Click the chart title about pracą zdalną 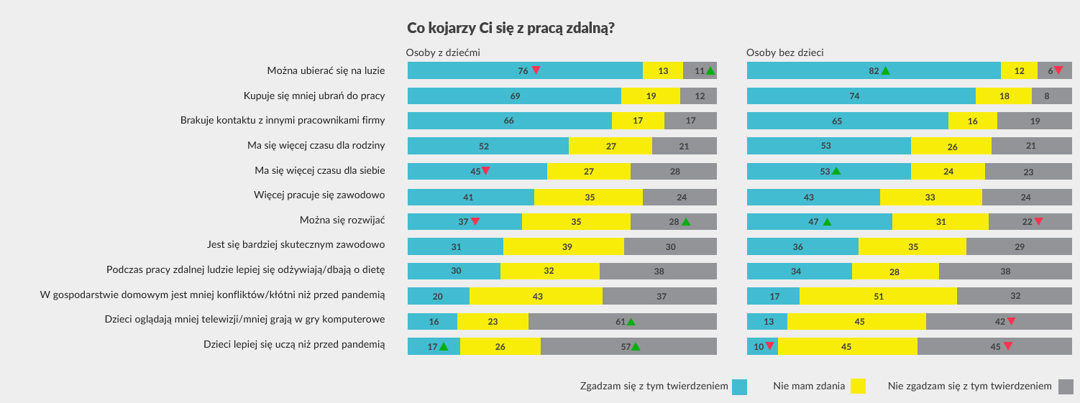(x=511, y=28)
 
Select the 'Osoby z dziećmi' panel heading (x=443, y=52)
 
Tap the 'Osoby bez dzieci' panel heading (x=784, y=52)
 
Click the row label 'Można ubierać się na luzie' (x=326, y=70)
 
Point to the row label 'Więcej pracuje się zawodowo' (x=319, y=195)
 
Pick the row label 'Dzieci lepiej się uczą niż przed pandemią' (x=294, y=345)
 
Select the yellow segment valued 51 (x=878, y=295)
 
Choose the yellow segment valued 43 (x=536, y=295)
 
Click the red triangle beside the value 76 (x=536, y=70)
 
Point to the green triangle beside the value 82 (x=886, y=70)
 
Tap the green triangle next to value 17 (x=444, y=346)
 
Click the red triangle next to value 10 (x=769, y=346)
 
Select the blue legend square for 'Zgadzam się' (x=739, y=386)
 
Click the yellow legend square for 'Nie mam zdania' (x=858, y=386)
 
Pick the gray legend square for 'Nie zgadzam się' (x=1065, y=386)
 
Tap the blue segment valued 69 (x=514, y=96)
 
